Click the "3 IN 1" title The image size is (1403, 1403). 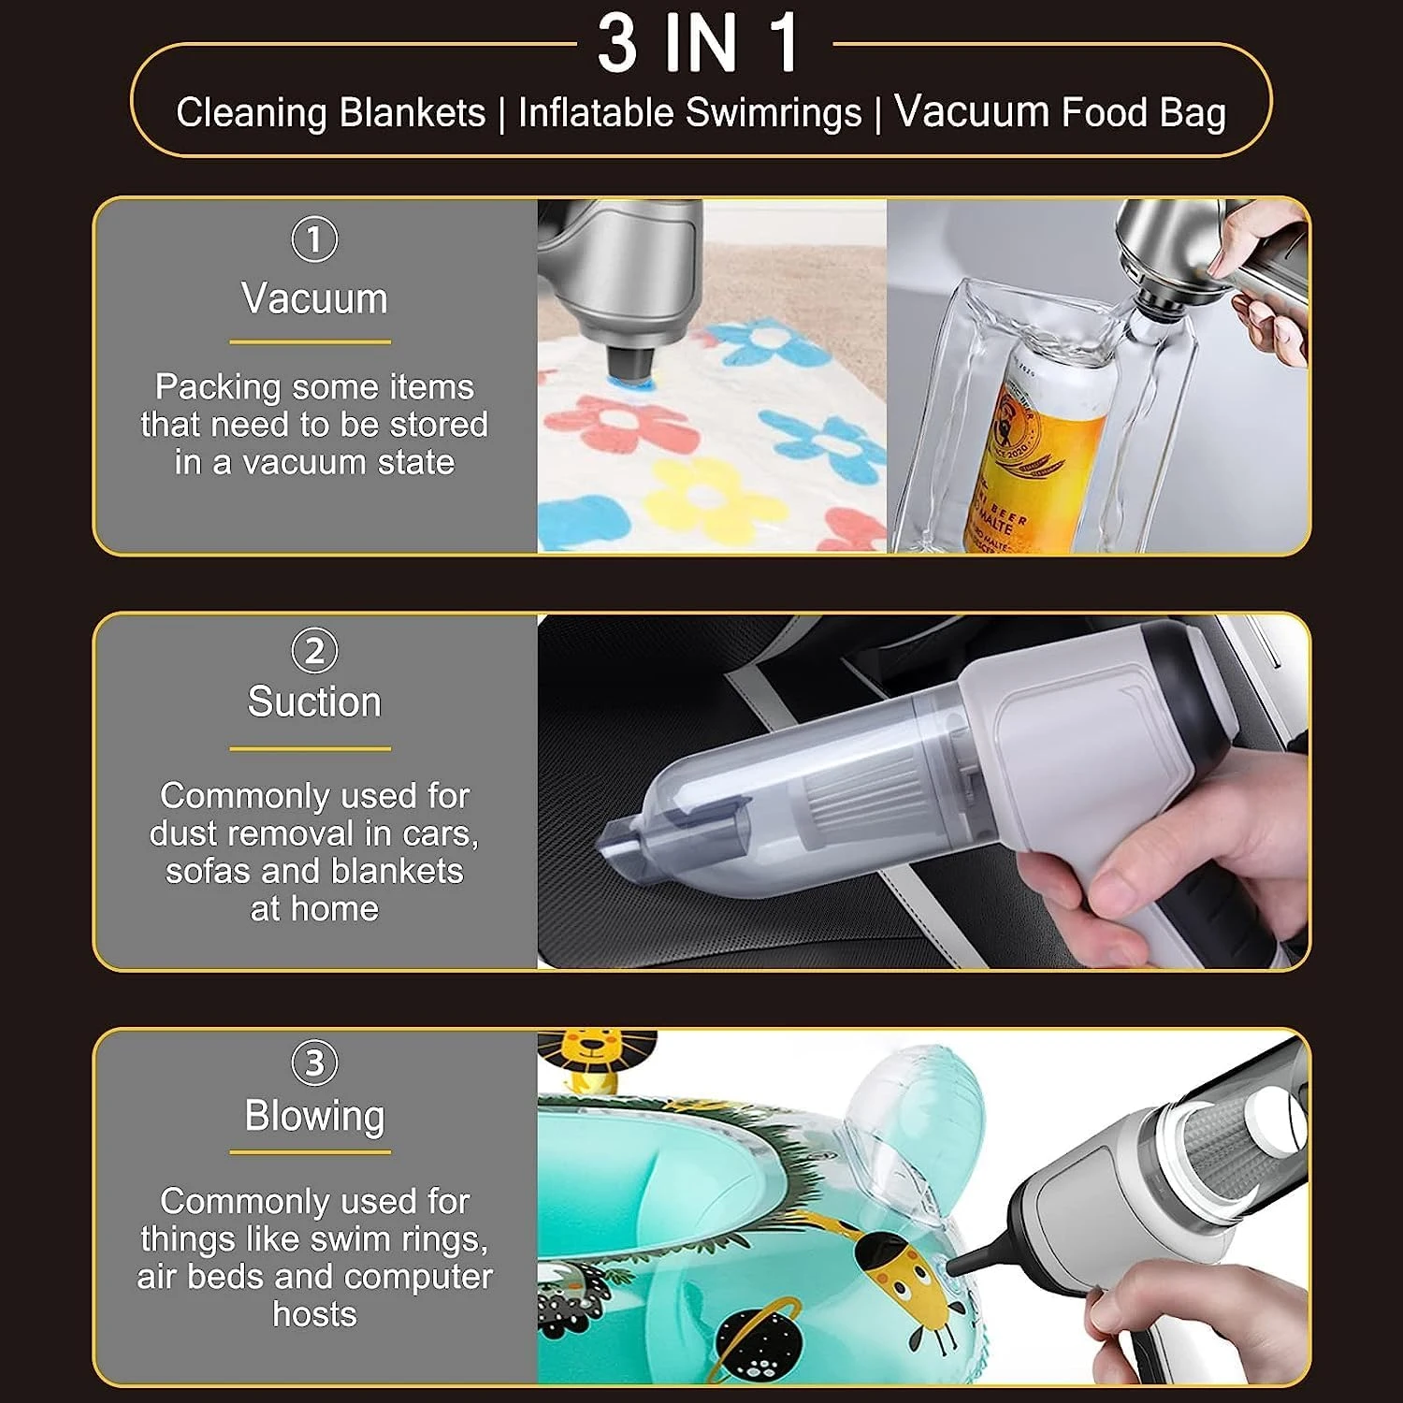pyautogui.click(x=700, y=44)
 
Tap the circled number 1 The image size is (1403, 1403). pyautogui.click(x=314, y=239)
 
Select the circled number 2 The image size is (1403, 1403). pyautogui.click(x=314, y=651)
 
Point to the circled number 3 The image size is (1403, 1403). pyautogui.click(x=314, y=1063)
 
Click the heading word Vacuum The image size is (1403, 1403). pyautogui.click(x=314, y=299)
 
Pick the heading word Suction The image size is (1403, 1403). pyautogui.click(x=314, y=702)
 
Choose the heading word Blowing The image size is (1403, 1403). pyautogui.click(x=314, y=1116)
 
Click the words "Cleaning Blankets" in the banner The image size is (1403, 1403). pyautogui.click(x=330, y=113)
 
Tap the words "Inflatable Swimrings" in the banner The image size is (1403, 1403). pyautogui.click(x=689, y=113)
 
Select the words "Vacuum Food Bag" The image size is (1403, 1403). pyautogui.click(x=1060, y=112)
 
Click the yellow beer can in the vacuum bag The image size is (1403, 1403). pyautogui.click(x=1029, y=449)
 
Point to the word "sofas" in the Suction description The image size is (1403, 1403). pyautogui.click(x=209, y=871)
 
